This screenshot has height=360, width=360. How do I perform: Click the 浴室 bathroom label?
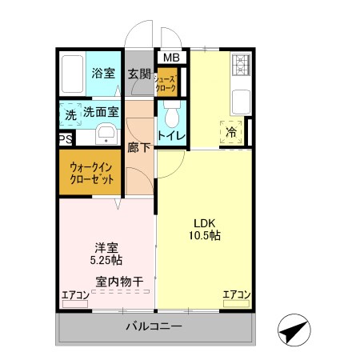pyautogui.click(x=102, y=73)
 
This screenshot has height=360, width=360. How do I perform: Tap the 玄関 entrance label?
pyautogui.click(x=139, y=74)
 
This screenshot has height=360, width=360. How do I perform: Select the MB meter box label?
pyautogui.click(x=171, y=58)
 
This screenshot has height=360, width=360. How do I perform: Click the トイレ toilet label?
pyautogui.click(x=171, y=136)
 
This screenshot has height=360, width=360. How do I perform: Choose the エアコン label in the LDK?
pyautogui.click(x=236, y=295)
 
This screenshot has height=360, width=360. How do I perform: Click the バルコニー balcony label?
pyautogui.click(x=154, y=327)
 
